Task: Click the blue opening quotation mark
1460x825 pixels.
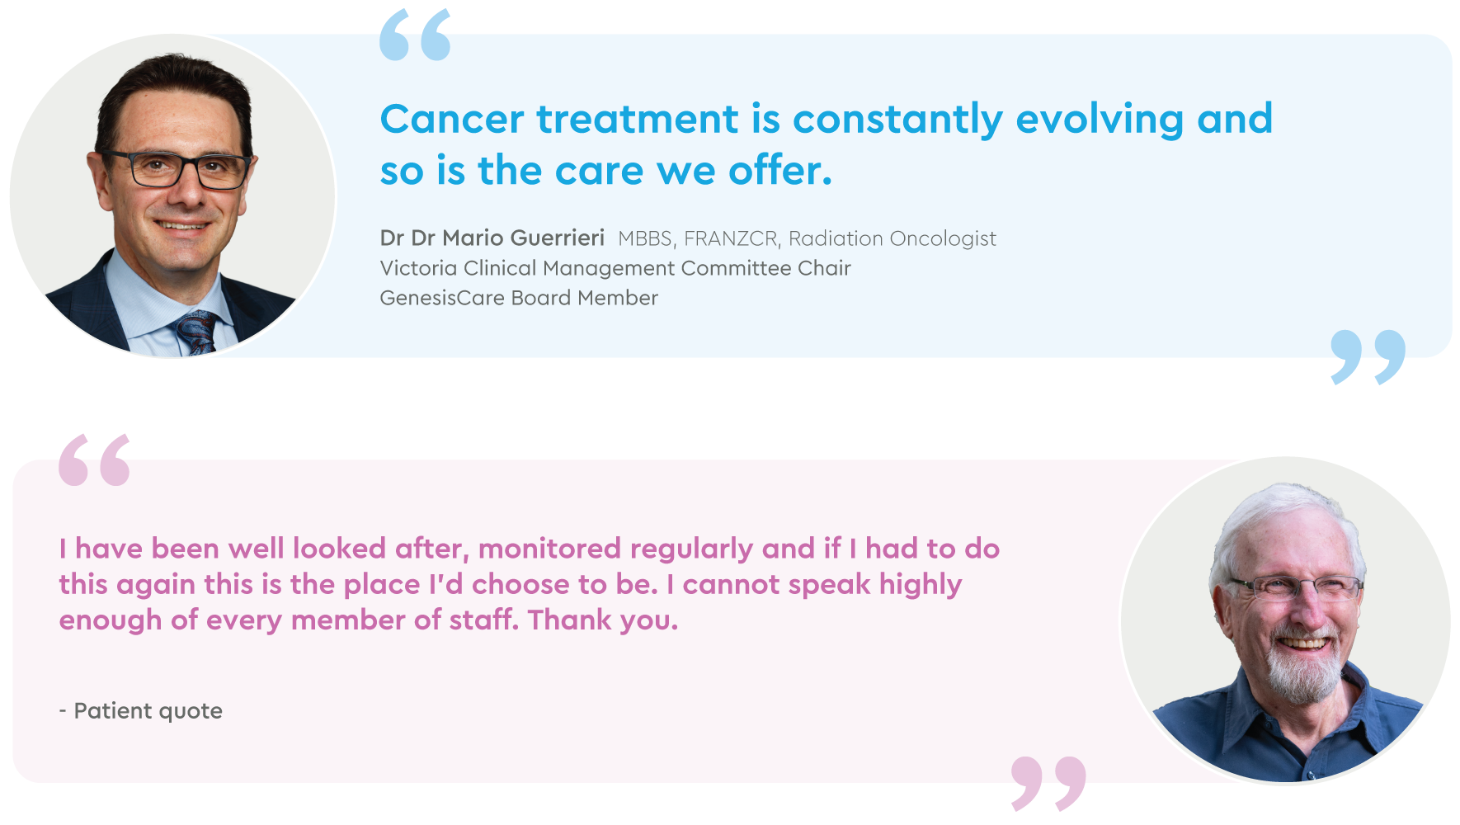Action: tap(415, 35)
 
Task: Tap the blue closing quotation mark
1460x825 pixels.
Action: tap(1368, 357)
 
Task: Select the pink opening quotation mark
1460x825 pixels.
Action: tap(94, 460)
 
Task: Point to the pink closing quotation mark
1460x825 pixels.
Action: tap(1048, 783)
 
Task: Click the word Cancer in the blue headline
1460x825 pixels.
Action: tap(452, 119)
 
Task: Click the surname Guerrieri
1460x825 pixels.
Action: tap(558, 238)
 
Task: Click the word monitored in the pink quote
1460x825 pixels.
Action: tap(549, 549)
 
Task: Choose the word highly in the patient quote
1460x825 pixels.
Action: tap(921, 585)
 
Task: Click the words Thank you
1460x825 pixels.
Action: tap(603, 620)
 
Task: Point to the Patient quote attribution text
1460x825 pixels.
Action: tap(141, 711)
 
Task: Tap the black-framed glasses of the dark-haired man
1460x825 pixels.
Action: tap(177, 169)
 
